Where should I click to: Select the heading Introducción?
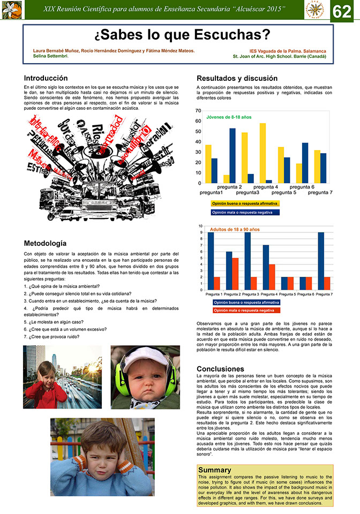[x=46, y=78]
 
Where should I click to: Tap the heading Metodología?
[x=46, y=243]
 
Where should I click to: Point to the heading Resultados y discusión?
[x=237, y=78]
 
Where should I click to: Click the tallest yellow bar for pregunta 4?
[x=263, y=153]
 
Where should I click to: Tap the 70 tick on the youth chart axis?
[x=198, y=111]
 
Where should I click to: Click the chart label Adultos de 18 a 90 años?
[x=235, y=229]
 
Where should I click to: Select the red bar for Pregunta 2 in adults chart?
[x=235, y=274]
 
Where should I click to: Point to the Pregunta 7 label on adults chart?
[x=324, y=294]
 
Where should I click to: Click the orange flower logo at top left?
[x=10, y=10]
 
